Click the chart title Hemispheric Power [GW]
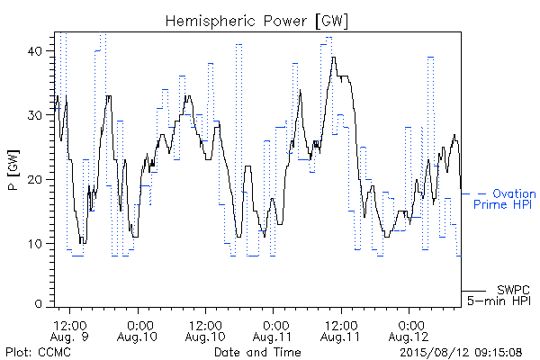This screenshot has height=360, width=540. (256, 22)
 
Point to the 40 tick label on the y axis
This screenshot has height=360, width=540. (34, 51)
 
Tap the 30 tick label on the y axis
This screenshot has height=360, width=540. (34, 115)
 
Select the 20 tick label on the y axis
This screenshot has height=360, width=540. (34, 179)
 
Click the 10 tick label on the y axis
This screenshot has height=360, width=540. (35, 244)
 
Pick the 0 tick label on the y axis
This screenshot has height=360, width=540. (38, 304)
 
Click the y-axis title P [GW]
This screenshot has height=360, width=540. (13, 170)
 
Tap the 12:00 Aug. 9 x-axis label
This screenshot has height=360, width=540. (69, 330)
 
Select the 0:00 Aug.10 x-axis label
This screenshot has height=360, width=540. (138, 330)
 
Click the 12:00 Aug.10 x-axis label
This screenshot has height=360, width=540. (205, 330)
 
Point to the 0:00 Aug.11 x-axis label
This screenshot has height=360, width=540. (273, 330)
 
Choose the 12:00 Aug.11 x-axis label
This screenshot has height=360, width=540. (340, 330)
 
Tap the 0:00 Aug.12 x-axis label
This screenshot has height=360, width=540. (409, 330)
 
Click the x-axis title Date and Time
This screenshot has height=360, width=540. (257, 352)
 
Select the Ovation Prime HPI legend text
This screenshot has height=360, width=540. (505, 199)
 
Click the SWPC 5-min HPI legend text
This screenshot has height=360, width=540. (499, 295)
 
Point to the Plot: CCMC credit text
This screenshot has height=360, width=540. (38, 352)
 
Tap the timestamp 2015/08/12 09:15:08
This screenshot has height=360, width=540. (461, 352)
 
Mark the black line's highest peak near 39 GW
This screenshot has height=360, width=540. (333, 58)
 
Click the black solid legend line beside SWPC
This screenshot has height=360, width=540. (473, 291)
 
